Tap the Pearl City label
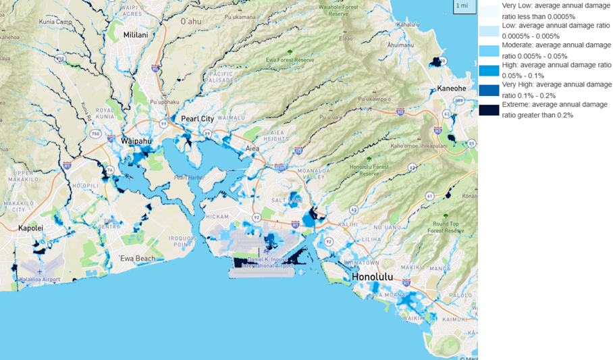pos(197,119)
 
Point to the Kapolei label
pos(31,228)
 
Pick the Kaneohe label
pos(451,88)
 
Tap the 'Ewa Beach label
pos(137,259)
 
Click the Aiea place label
pos(252,148)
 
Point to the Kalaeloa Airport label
pos(39,279)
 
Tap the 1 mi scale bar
pos(462,6)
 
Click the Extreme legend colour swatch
pos(489,110)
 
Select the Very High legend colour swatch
pos(489,90)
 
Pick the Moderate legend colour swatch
pos(489,50)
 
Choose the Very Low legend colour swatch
pos(489,11)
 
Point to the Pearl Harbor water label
pos(189,178)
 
